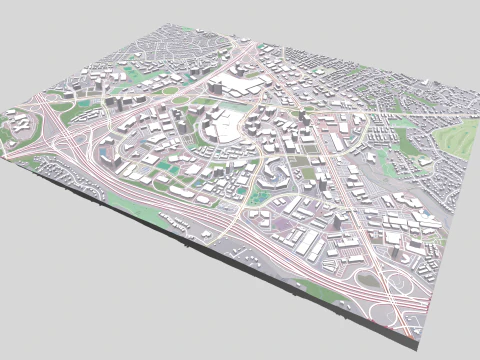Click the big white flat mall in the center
226,125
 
